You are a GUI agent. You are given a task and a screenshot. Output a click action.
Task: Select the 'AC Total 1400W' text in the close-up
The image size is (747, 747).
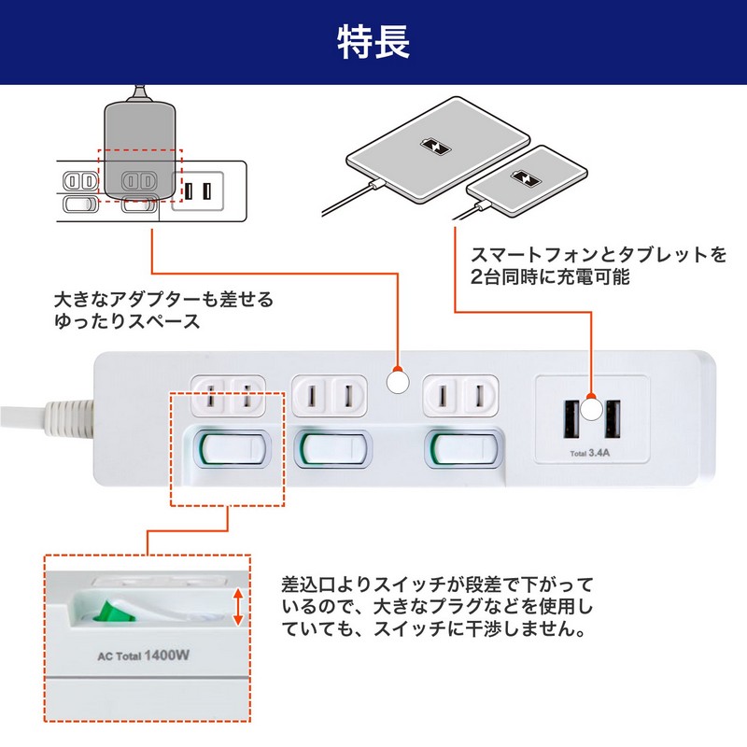144,655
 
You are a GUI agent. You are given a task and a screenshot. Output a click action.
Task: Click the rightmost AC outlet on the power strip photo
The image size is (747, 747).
457,397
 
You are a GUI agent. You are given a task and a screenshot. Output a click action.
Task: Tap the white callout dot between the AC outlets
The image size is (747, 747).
398,382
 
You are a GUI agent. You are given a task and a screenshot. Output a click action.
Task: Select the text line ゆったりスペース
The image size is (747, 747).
127,322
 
